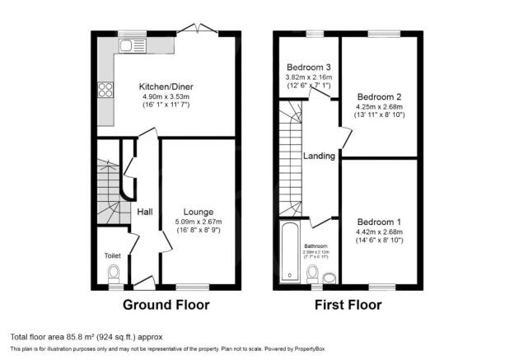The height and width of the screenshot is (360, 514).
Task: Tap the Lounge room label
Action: point(199,212)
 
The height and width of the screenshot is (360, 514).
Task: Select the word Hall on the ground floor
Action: point(144,213)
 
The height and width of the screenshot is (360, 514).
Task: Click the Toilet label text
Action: point(112,256)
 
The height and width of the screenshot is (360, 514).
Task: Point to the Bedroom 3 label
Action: point(308,67)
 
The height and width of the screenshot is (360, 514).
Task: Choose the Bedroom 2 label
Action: point(379,96)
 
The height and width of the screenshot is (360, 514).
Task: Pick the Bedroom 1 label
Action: point(379,222)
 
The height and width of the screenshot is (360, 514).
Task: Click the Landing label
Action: point(319,157)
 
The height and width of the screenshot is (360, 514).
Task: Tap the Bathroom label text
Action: point(315,245)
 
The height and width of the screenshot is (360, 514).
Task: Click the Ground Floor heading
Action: point(166,305)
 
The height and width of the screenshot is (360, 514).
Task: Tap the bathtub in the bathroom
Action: point(288,250)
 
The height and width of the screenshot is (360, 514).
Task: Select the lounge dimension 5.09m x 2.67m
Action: point(199,222)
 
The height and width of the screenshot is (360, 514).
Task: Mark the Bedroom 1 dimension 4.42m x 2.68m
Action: point(379,232)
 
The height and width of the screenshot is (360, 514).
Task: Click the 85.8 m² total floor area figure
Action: point(82,336)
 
